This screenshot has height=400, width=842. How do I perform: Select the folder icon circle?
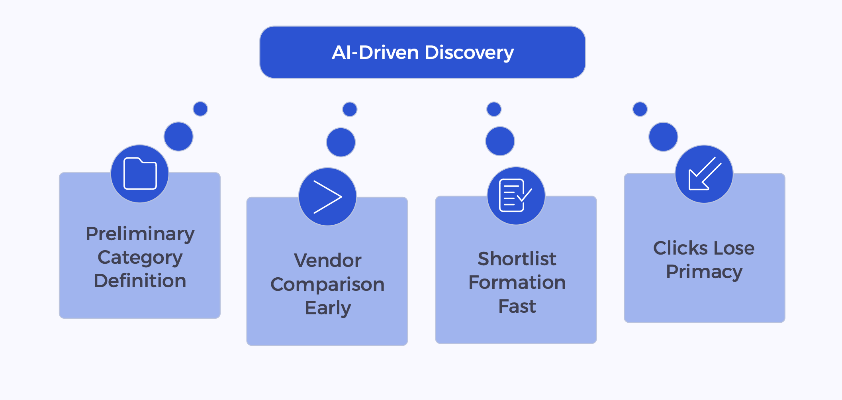140,174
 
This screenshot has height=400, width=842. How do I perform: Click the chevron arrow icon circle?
327,197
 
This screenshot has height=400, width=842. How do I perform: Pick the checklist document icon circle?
516,196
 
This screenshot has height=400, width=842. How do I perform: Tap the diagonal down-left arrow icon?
704,174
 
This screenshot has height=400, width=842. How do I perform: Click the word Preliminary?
140,234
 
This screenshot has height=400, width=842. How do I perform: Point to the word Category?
140,258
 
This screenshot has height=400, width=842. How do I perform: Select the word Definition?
140,281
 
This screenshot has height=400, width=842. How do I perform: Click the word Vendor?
327,261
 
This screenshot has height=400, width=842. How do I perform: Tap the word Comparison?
327,284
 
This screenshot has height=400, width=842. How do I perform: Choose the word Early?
327,308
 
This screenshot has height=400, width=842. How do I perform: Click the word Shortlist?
517,259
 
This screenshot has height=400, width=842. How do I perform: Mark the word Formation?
517,282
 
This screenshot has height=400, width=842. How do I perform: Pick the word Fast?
517,306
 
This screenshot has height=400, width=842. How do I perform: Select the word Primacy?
704,272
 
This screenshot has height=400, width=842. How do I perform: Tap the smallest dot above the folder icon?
200,109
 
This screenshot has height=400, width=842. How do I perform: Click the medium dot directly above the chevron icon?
341,142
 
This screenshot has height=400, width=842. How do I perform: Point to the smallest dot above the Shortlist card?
494,109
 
